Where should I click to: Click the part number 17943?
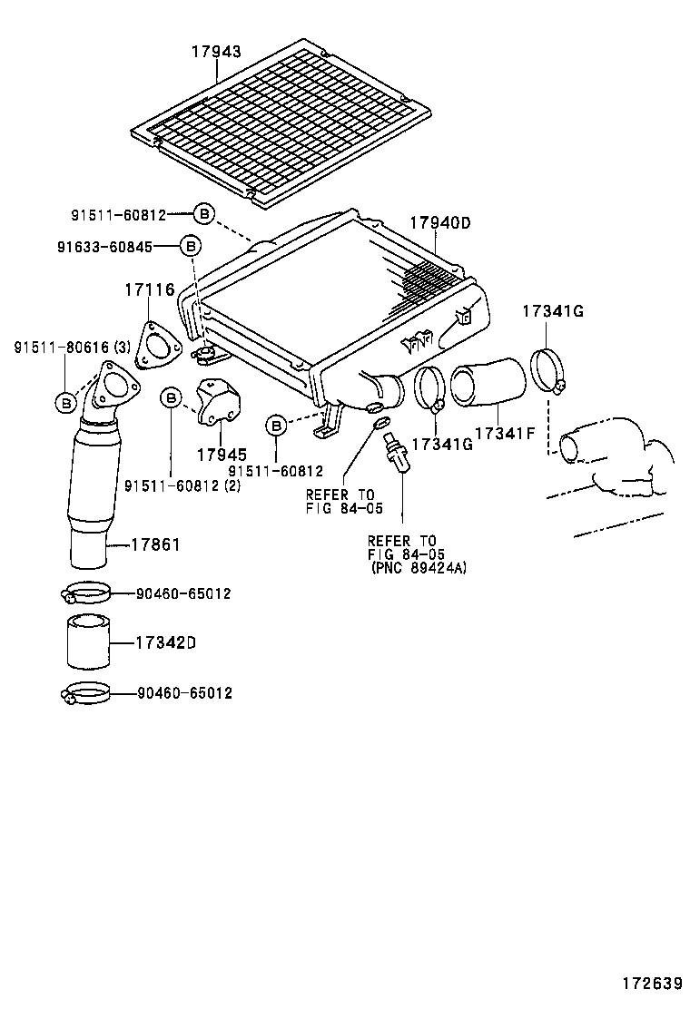point(216,52)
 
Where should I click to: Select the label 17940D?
point(440,223)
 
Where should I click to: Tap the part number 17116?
point(149,290)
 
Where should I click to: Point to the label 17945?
point(222,455)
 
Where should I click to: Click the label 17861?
point(156,545)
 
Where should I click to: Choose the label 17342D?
point(166,642)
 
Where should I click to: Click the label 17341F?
point(506,433)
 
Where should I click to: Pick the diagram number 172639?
point(652,984)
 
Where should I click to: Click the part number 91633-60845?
point(105,247)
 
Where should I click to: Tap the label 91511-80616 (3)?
point(72,348)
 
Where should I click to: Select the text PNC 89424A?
point(420,568)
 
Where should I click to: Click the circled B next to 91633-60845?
point(190,246)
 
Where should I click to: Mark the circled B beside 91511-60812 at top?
point(203,213)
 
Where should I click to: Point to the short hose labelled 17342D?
point(87,642)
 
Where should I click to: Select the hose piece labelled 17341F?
point(488,384)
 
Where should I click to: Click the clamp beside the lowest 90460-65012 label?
point(85,693)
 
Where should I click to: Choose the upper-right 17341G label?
point(553,311)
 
